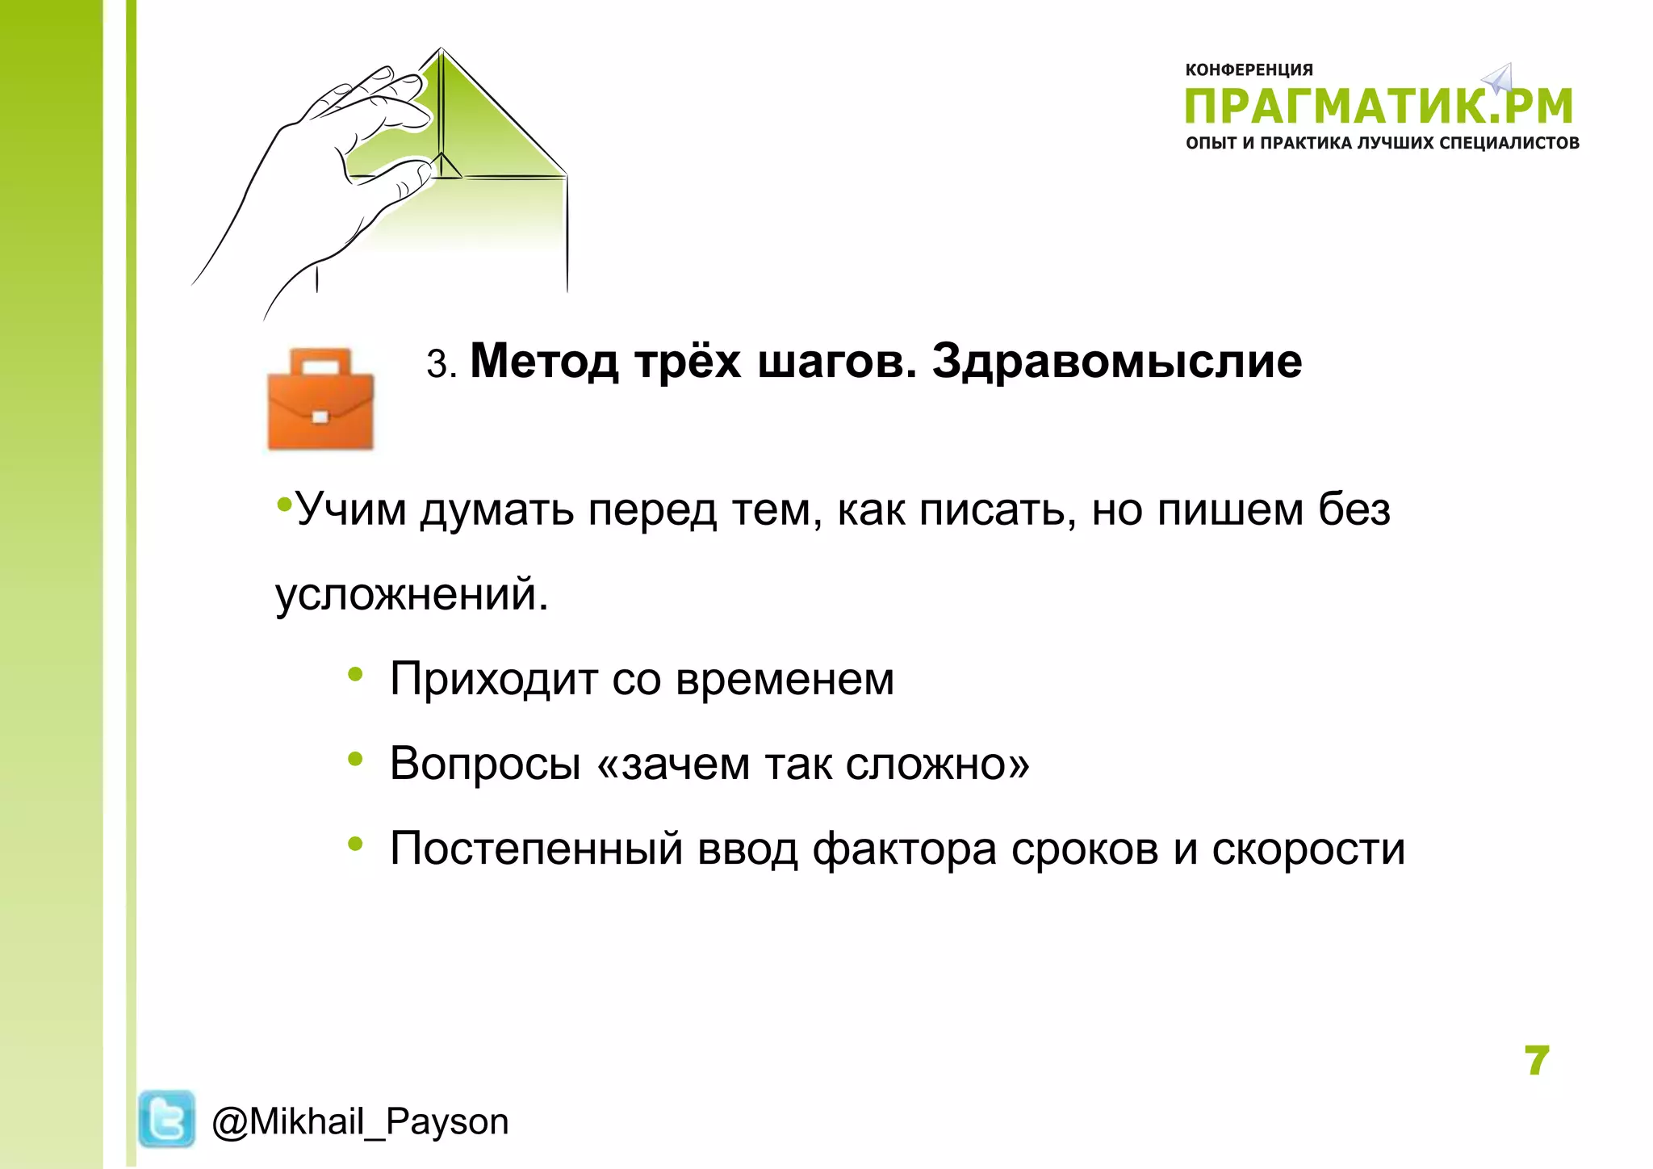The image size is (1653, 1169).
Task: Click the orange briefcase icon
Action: click(320, 399)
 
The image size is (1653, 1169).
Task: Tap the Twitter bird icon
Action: click(166, 1119)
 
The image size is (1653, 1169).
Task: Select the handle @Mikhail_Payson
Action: click(360, 1122)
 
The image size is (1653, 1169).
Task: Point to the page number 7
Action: click(1537, 1061)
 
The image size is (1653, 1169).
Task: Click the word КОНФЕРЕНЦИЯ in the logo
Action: click(1249, 70)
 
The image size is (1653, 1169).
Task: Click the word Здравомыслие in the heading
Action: click(1116, 361)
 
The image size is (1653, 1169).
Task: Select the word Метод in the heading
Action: click(544, 361)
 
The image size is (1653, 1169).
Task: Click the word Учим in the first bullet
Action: click(351, 510)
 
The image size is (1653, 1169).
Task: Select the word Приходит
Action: click(494, 680)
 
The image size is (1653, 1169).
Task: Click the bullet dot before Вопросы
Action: click(355, 759)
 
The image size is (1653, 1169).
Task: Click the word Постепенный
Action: click(537, 849)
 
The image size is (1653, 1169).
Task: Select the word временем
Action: click(785, 680)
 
